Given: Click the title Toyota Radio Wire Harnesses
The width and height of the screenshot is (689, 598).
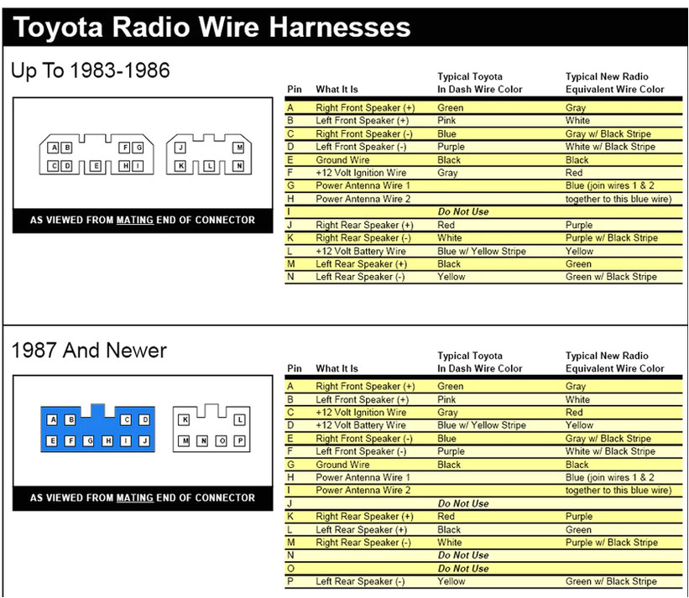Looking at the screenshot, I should click(211, 27).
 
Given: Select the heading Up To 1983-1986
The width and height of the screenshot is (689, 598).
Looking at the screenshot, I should click(91, 71).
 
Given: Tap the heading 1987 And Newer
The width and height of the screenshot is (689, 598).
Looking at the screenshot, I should click(89, 351).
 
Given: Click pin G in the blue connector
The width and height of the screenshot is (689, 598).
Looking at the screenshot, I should click(89, 440).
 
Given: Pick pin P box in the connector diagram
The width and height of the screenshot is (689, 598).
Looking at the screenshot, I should click(240, 440).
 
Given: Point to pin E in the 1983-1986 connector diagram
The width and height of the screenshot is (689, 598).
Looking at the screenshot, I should click(96, 166).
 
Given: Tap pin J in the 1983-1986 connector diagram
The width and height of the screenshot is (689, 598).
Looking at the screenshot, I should click(180, 148).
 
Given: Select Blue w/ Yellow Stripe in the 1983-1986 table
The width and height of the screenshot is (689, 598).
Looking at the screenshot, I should click(482, 251).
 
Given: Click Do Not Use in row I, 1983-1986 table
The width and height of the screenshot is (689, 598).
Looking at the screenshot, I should click(463, 211).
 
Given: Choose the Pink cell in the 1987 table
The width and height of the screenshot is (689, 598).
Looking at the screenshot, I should click(448, 400).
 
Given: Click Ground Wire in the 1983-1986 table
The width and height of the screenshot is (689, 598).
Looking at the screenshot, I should click(342, 160).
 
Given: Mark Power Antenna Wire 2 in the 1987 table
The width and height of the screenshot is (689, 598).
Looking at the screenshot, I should click(363, 490).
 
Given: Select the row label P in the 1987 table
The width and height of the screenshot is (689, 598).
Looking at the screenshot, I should click(290, 581).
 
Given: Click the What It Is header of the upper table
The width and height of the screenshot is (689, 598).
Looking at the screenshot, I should click(337, 90).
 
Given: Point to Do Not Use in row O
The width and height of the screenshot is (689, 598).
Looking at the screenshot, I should click(463, 568).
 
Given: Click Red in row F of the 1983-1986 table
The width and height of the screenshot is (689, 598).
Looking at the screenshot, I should click(574, 173).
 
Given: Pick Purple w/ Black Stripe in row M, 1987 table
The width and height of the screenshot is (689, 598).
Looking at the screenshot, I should click(611, 543).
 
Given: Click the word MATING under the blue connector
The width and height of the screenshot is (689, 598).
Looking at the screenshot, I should click(134, 497).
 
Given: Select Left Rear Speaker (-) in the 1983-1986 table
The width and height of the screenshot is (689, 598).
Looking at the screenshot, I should click(360, 277).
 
